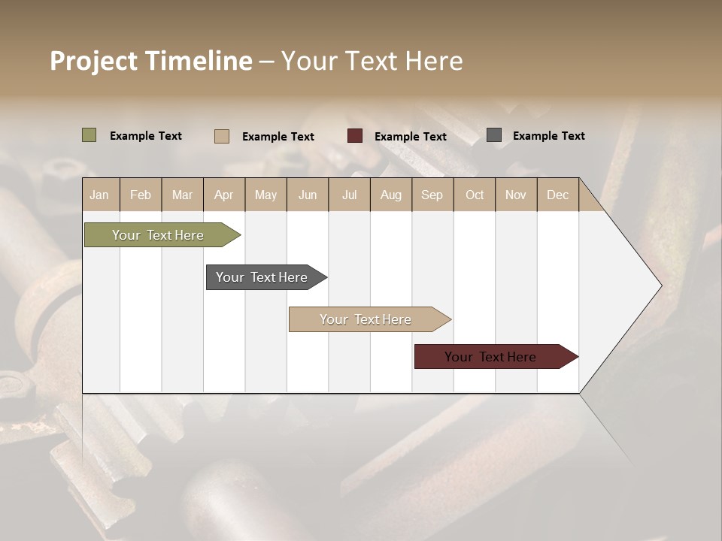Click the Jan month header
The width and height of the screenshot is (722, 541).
99,195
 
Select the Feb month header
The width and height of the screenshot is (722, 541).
141,195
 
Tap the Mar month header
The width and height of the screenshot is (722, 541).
182,195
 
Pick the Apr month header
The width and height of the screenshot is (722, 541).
224,195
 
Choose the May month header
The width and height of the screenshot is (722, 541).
265,195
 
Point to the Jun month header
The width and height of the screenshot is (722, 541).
308,195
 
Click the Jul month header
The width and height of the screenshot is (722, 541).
349,195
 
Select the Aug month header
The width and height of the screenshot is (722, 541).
391,195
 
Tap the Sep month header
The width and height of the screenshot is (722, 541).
432,195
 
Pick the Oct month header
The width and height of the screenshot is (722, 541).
475,195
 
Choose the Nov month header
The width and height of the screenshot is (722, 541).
516,195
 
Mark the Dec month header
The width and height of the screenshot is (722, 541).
558,195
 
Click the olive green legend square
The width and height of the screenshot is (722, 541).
89,135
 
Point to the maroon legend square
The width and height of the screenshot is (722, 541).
355,136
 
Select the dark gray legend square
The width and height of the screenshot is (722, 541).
494,135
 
